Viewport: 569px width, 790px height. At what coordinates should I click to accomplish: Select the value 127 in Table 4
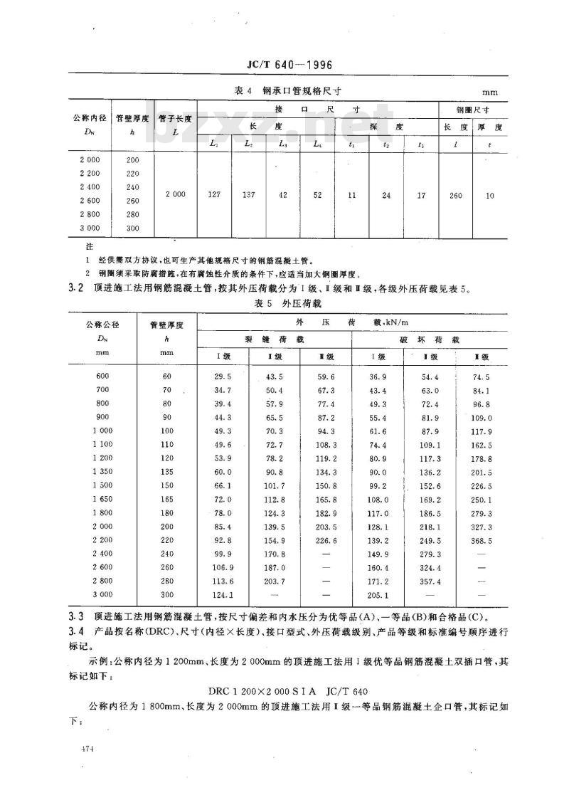pyautogui.click(x=213, y=194)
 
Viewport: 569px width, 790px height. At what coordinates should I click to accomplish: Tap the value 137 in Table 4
pyautogui.click(x=248, y=194)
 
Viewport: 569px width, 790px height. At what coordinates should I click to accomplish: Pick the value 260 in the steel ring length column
pyautogui.click(x=455, y=194)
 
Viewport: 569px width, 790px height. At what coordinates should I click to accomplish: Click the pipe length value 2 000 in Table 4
pyautogui.click(x=175, y=194)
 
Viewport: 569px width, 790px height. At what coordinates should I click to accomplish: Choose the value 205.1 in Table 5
pyautogui.click(x=381, y=595)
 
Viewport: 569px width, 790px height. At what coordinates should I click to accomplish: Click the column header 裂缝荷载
pyautogui.click(x=274, y=340)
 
